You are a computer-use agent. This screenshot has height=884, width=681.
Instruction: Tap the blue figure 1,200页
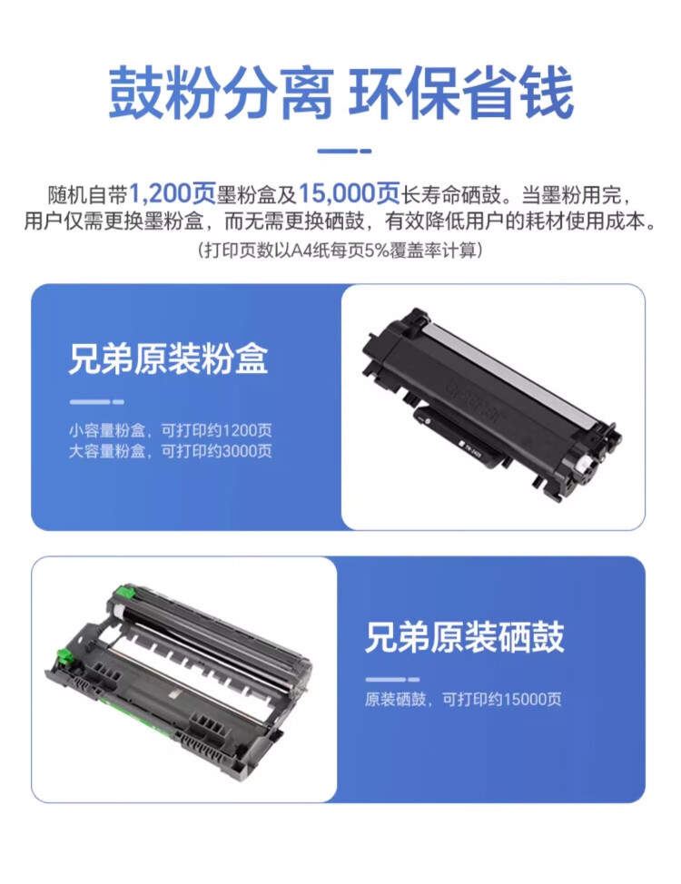pyautogui.click(x=172, y=193)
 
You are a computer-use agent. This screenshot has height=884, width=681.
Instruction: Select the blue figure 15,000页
pyautogui.click(x=350, y=193)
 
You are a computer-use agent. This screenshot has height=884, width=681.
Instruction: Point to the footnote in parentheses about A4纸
pyautogui.click(x=340, y=250)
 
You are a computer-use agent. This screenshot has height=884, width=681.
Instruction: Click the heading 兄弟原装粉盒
pyautogui.click(x=168, y=360)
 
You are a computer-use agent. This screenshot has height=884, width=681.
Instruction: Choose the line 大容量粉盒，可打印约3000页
pyautogui.click(x=170, y=450)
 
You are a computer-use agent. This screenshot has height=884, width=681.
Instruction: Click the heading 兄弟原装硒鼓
pyautogui.click(x=464, y=637)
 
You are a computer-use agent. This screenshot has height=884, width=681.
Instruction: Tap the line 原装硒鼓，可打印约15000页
pyautogui.click(x=463, y=699)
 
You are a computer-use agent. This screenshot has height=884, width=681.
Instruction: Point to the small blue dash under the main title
pyautogui.click(x=340, y=150)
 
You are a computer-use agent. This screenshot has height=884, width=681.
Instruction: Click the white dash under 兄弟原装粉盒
pyautogui.click(x=96, y=401)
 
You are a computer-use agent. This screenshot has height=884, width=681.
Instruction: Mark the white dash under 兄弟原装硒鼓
pyautogui.click(x=392, y=678)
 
